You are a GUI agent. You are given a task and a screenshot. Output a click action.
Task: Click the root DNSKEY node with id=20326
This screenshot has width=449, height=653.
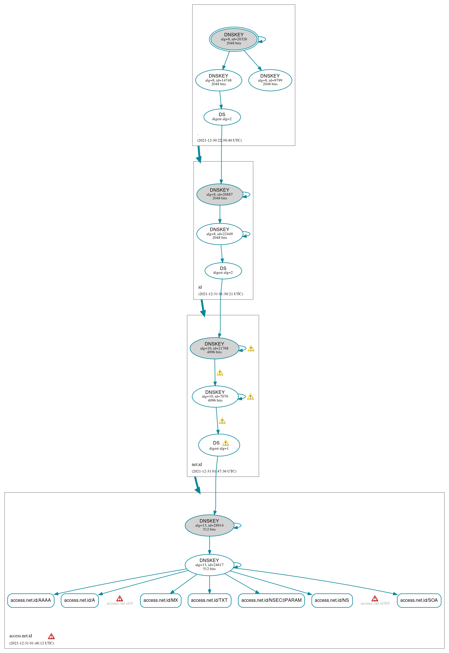pyautogui.click(x=234, y=39)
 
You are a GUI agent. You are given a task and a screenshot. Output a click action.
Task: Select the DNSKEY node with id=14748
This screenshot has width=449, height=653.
pyautogui.click(x=218, y=80)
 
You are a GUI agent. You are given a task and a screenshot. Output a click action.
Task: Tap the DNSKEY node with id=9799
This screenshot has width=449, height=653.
pyautogui.click(x=270, y=80)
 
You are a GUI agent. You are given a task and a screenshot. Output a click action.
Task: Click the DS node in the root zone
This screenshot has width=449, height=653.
pyautogui.click(x=222, y=117)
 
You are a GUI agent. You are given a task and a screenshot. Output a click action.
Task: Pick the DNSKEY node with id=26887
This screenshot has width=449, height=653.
pyautogui.click(x=220, y=194)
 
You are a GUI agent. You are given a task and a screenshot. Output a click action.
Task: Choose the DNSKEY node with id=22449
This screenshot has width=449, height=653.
pyautogui.click(x=220, y=234)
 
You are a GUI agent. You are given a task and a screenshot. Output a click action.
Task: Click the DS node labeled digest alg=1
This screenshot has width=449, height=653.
pyautogui.click(x=219, y=445)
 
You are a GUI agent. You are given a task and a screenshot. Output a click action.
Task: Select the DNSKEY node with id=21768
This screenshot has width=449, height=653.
pyautogui.click(x=214, y=348)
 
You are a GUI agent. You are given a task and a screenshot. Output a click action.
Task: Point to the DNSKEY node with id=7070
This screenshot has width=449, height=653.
pyautogui.click(x=215, y=396)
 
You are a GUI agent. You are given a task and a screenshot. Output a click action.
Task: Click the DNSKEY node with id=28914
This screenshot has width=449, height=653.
pyautogui.click(x=209, y=525)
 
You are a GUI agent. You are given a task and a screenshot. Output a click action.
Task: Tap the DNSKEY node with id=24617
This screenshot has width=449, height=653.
pyautogui.click(x=209, y=565)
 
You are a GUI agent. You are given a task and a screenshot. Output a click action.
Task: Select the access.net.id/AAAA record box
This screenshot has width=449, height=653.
pyautogui.click(x=31, y=600)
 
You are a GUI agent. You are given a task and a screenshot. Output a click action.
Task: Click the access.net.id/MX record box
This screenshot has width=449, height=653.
pyautogui.click(x=161, y=600)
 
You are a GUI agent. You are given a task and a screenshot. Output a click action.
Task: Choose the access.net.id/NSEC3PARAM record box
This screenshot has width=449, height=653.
pyautogui.click(x=271, y=600)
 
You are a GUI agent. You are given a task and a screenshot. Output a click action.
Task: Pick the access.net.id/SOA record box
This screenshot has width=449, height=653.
pyautogui.click(x=419, y=600)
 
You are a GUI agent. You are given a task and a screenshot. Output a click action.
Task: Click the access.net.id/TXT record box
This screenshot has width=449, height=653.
pyautogui.click(x=209, y=600)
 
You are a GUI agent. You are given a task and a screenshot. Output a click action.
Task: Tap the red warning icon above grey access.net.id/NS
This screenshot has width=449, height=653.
pyautogui.click(x=375, y=598)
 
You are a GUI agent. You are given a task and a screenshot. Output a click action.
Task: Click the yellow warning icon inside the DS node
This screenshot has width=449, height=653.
pyautogui.click(x=226, y=443)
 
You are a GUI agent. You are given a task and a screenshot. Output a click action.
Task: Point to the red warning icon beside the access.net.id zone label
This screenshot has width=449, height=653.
pyautogui.click(x=51, y=636)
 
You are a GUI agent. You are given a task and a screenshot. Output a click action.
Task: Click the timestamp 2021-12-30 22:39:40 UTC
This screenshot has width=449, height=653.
pyautogui.click(x=219, y=140)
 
